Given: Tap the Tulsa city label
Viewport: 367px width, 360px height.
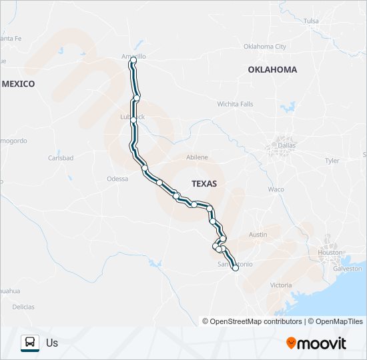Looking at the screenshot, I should point(311,21).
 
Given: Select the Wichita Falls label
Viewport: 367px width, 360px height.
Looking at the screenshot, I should point(235,104).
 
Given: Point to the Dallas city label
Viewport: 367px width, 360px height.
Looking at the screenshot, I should point(287,145).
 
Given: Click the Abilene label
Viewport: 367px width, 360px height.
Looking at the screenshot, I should point(197,157).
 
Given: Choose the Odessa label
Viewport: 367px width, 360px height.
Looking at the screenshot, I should point(117,179).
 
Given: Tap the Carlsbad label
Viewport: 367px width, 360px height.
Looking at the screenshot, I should point(61,158).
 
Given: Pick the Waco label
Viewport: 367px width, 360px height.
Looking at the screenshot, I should point(276,189).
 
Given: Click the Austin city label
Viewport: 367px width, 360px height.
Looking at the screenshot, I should point(258,235).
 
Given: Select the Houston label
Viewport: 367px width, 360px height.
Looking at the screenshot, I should point(330,253).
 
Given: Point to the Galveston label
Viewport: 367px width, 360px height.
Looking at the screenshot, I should point(347,268).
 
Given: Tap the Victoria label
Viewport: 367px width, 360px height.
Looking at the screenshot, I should point(281,285).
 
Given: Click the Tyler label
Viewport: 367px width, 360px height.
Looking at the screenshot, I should point(332,161).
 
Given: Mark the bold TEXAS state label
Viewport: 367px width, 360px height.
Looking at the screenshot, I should point(204,183).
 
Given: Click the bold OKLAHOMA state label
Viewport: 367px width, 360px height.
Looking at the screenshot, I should point(272,69).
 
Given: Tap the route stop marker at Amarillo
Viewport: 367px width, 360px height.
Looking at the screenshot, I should point(133,61).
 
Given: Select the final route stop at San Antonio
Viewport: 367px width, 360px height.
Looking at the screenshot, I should point(235,267).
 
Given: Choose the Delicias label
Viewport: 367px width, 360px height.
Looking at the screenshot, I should point(23,307).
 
